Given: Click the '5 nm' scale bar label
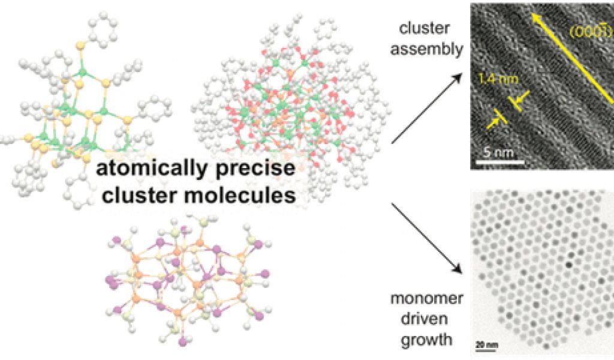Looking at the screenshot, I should (x=498, y=153).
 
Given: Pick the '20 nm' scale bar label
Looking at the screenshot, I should (x=483, y=344).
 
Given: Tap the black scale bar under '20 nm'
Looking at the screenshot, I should (x=483, y=349).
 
